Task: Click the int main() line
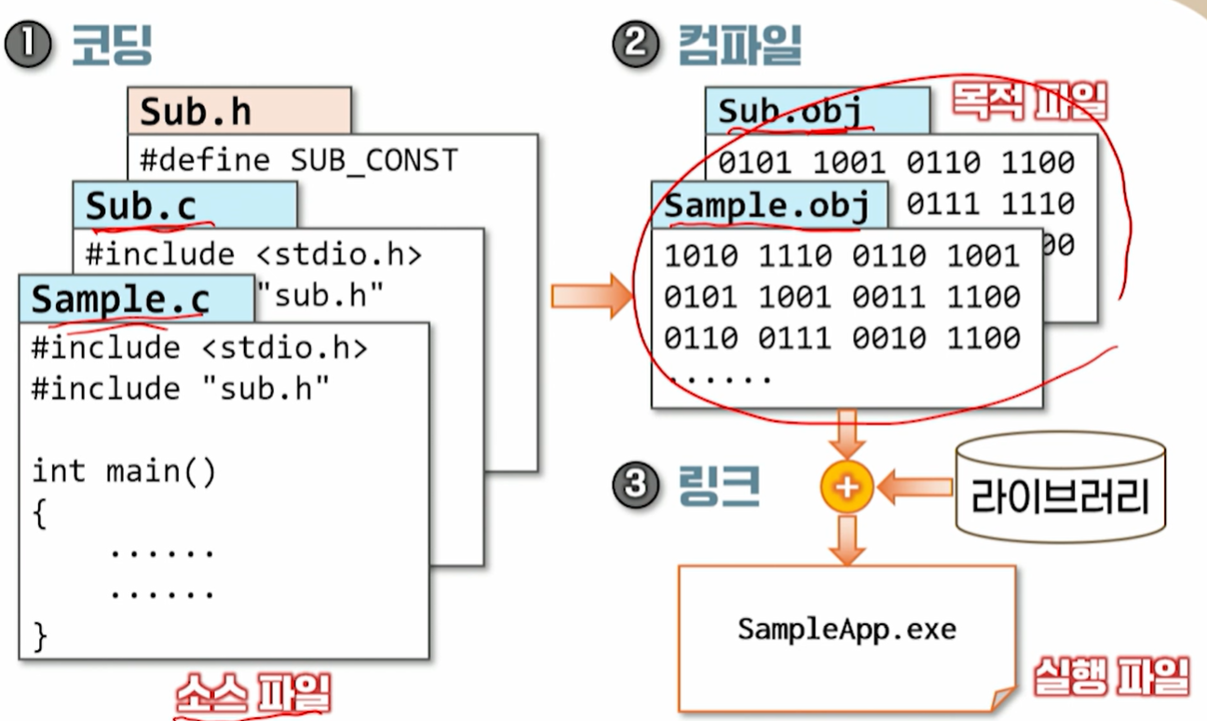click(124, 471)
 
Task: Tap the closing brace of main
click(39, 635)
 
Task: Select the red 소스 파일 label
click(252, 694)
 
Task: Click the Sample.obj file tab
click(766, 206)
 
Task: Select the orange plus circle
click(847, 486)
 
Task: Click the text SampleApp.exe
click(847, 629)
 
